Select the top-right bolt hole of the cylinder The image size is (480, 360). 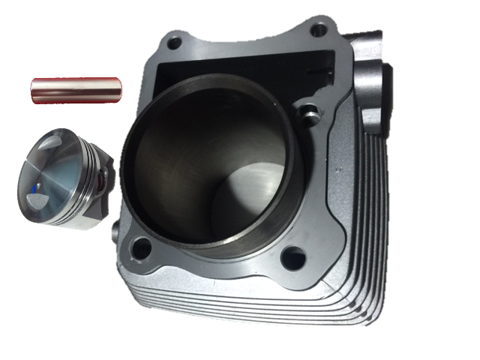click(x=319, y=30)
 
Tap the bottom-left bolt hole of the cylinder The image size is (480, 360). click(x=141, y=247)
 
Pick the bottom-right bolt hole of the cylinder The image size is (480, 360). click(x=293, y=258)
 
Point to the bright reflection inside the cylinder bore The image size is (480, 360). click(x=247, y=187)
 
